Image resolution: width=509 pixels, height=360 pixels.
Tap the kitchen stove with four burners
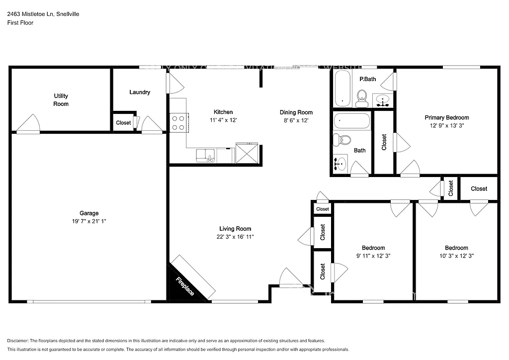pyautogui.click(x=178, y=123)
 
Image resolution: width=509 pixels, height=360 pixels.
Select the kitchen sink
pyautogui.click(x=205, y=156)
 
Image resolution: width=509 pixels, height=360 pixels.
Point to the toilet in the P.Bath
pyautogui.click(x=362, y=97)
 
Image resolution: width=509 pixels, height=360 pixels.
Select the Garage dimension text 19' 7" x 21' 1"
pyautogui.click(x=89, y=221)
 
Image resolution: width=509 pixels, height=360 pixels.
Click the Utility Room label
pyautogui.click(x=61, y=100)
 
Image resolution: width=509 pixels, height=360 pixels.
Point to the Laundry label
pyautogui.click(x=140, y=92)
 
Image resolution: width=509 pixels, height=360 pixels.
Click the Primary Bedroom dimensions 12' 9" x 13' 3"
pyautogui.click(x=446, y=126)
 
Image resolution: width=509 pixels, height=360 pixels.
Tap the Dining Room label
pyautogui.click(x=296, y=112)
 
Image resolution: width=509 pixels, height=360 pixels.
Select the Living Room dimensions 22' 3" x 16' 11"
pyautogui.click(x=232, y=237)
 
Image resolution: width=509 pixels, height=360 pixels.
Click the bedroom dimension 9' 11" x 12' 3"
pyautogui.click(x=373, y=256)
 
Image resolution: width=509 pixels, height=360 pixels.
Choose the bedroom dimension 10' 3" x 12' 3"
pyautogui.click(x=456, y=256)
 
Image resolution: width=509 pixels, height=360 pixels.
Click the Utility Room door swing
pyautogui.click(x=29, y=124)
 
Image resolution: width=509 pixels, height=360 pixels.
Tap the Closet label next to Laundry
pyautogui.click(x=123, y=123)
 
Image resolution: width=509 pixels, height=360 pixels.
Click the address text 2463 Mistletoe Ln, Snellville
pyautogui.click(x=43, y=14)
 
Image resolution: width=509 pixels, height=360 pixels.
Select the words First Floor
pyautogui.click(x=20, y=23)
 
